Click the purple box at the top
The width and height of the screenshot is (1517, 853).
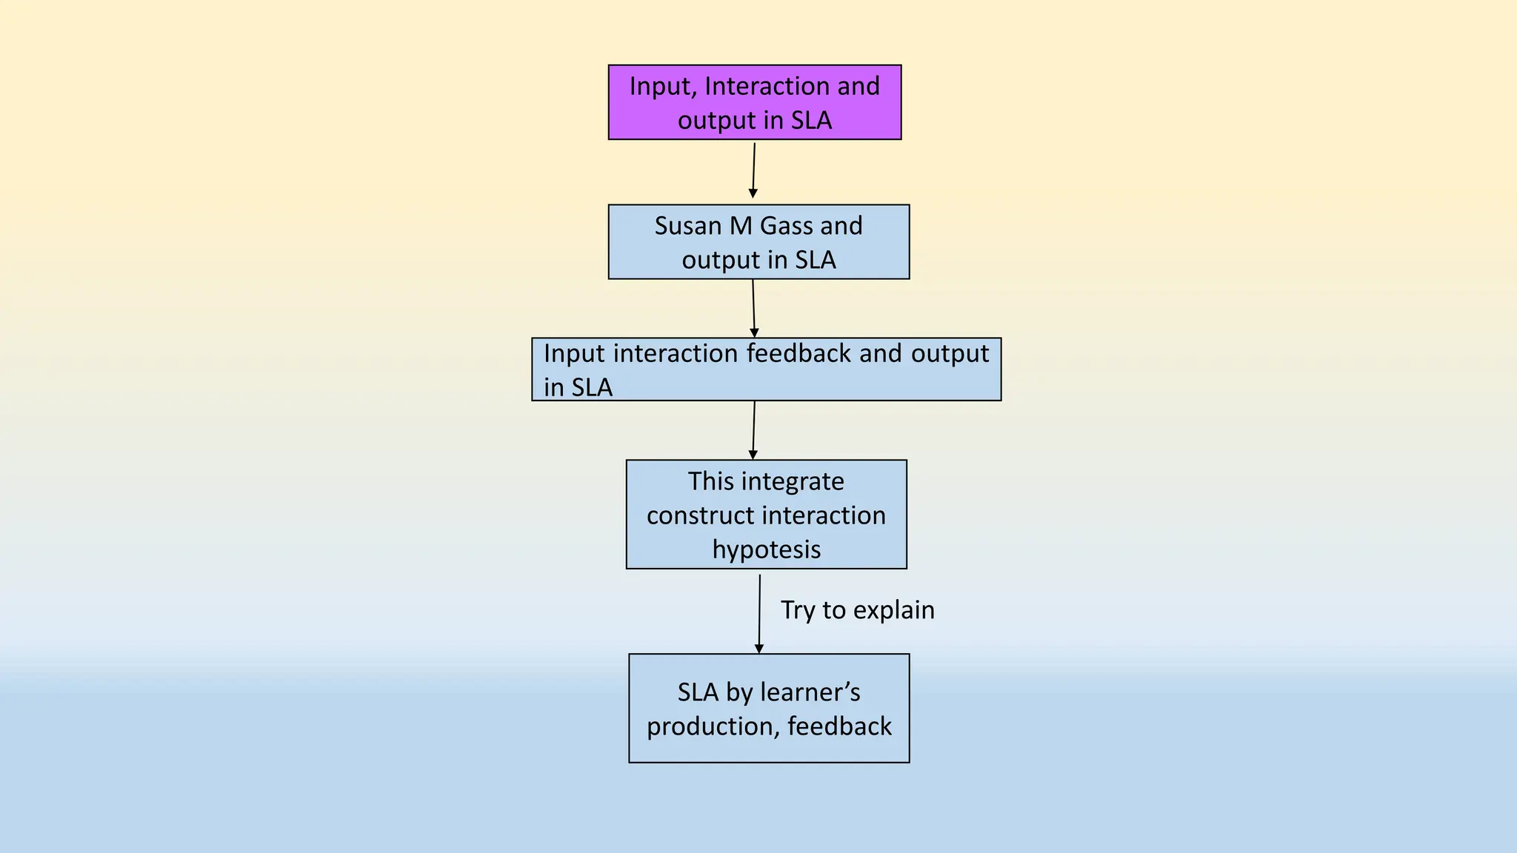pyautogui.click(x=754, y=102)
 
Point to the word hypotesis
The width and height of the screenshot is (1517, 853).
pyautogui.click(x=766, y=549)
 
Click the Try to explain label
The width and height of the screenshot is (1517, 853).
pyautogui.click(x=857, y=610)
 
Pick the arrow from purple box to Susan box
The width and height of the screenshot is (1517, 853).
pyautogui.click(x=753, y=170)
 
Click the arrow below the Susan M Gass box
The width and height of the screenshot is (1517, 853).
pyautogui.click(x=753, y=309)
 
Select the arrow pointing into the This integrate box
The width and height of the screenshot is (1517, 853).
pyautogui.click(x=753, y=430)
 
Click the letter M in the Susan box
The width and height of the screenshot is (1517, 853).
pyautogui.click(x=740, y=226)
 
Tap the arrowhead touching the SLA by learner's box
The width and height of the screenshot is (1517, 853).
pyautogui.click(x=758, y=649)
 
